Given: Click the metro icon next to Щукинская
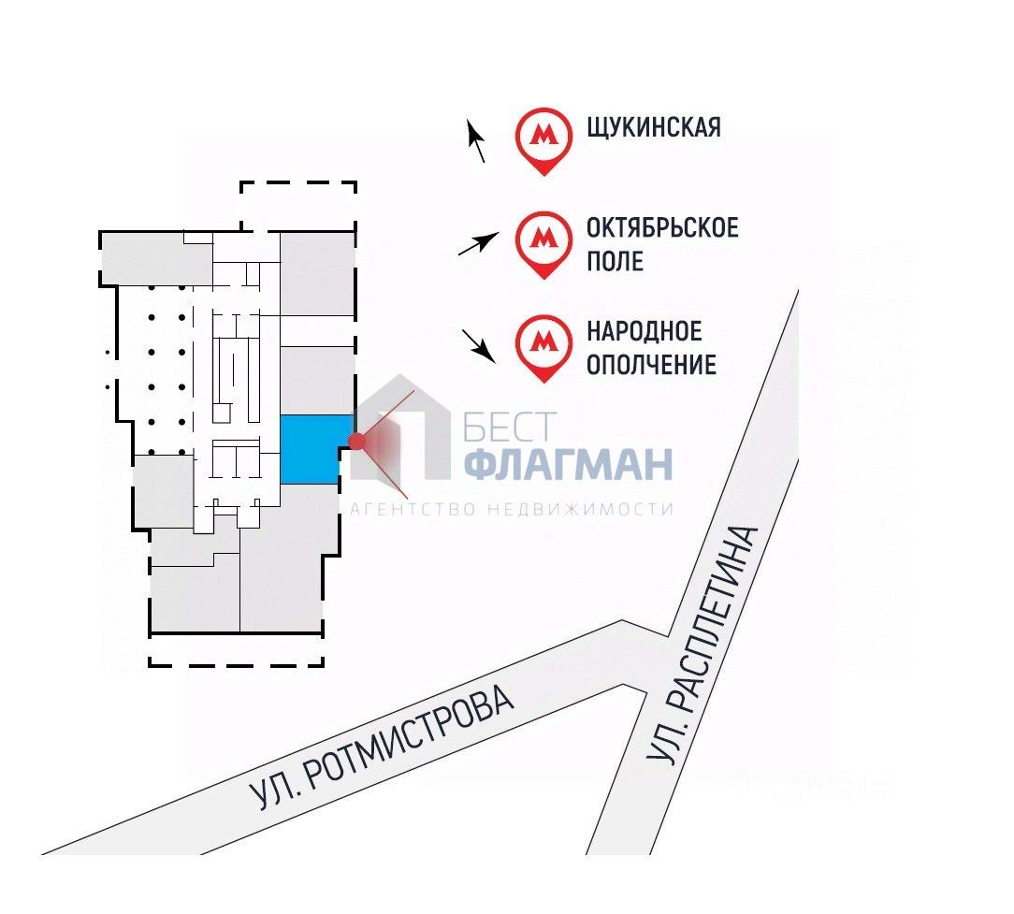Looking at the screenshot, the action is coord(543,138).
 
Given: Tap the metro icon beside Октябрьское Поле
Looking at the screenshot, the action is coord(543,240).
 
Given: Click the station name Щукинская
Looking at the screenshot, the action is coord(654,127).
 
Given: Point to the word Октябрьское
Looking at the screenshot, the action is coord(662,227).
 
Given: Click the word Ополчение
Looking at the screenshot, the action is coord(651,364).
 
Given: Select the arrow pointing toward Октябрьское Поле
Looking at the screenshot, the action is coord(476,245).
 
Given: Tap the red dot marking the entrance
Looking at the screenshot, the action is coord(355,442).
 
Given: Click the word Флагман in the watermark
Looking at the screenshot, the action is coord(569,464).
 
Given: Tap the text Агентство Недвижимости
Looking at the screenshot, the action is coord(511,509).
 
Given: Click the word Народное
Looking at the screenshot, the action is coord(644,330).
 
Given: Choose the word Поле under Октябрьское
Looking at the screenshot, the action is coord(615,260).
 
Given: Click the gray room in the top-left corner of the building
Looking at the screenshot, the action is coord(150,257).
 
